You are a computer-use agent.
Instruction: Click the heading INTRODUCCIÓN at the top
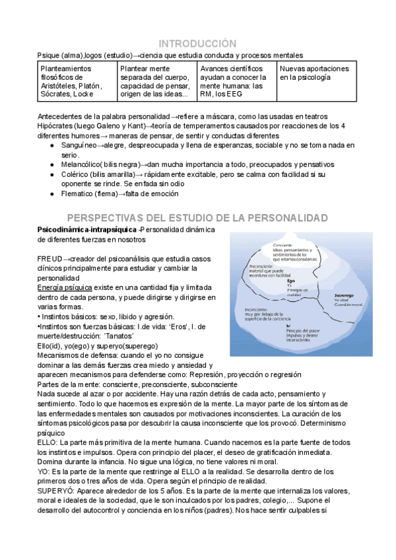click(198, 42)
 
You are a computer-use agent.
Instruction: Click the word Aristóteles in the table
click(59, 85)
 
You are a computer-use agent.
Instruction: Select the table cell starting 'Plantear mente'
click(156, 82)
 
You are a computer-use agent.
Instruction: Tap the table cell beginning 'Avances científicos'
click(236, 82)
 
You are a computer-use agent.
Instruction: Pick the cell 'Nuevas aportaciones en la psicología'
click(315, 73)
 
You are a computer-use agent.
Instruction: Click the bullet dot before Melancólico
click(53, 164)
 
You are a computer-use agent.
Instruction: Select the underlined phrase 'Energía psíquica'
click(65, 287)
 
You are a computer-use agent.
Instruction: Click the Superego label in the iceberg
click(345, 295)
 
